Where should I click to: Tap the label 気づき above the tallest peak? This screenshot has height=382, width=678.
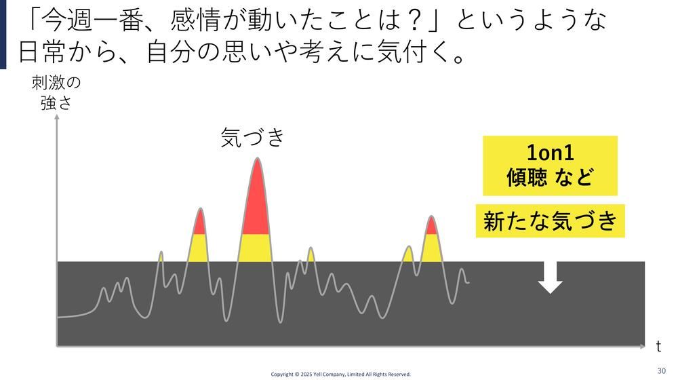(252, 137)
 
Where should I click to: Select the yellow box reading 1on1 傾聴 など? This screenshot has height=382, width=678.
(550, 166)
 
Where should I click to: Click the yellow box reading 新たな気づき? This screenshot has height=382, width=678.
(550, 221)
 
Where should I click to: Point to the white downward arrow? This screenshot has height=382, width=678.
(550, 278)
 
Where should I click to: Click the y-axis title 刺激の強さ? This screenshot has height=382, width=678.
(56, 92)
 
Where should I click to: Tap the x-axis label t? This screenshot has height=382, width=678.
(658, 346)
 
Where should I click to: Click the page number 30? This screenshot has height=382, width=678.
(661, 370)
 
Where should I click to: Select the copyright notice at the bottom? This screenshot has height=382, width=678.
(341, 375)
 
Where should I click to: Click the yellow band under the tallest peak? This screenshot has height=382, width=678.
(255, 248)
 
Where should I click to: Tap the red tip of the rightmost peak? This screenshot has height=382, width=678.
(431, 225)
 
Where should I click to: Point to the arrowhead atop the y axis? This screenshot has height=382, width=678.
(57, 117)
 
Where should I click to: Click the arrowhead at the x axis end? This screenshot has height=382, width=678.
(642, 346)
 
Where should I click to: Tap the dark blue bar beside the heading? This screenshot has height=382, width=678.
(3, 34)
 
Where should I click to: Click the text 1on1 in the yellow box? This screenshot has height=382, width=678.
(550, 153)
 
